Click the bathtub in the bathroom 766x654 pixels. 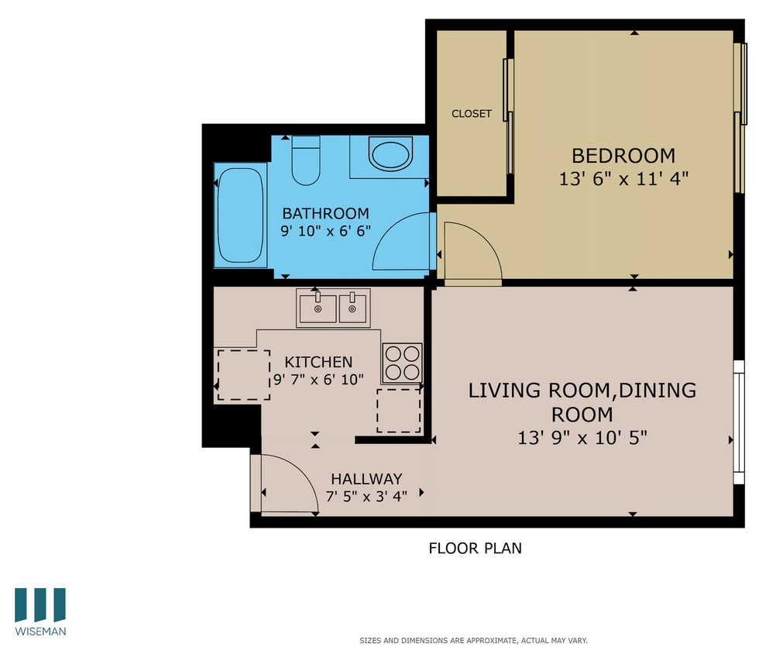click(240, 217)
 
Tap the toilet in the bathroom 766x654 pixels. click(306, 161)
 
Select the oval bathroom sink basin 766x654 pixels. click(390, 155)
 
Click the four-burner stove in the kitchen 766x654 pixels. click(402, 362)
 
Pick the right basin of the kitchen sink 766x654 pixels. click(353, 308)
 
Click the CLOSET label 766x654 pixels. click(472, 114)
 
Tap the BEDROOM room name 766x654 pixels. click(623, 155)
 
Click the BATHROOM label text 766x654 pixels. click(325, 213)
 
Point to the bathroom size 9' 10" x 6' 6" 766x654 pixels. click(325, 230)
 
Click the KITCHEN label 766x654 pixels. click(318, 362)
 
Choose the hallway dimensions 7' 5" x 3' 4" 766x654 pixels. click(366, 497)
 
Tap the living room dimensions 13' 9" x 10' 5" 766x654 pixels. click(582, 438)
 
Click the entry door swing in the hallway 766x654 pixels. click(288, 484)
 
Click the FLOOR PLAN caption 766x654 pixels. click(475, 549)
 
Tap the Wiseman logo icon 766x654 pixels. click(40, 604)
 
